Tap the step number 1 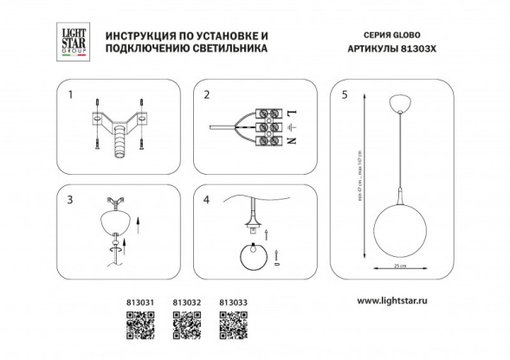(72, 95)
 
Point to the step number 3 (72, 198)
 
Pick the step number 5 (344, 95)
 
